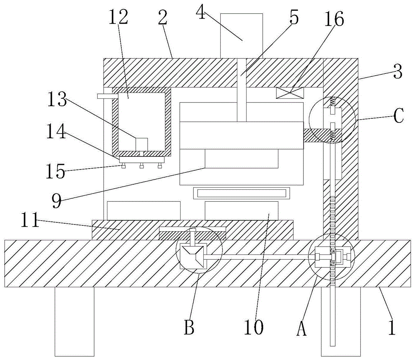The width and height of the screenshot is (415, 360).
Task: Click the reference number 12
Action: click(x=119, y=18)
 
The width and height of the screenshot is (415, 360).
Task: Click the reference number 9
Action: click(x=56, y=201)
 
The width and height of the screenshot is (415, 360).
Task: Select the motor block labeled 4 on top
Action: click(x=241, y=36)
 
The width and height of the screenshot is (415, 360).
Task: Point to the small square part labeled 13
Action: click(x=142, y=144)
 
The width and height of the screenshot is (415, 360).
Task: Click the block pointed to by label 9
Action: click(x=242, y=159)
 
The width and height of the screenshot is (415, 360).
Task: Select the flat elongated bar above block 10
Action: click(x=241, y=193)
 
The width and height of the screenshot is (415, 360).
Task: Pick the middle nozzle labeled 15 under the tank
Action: click(x=142, y=167)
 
